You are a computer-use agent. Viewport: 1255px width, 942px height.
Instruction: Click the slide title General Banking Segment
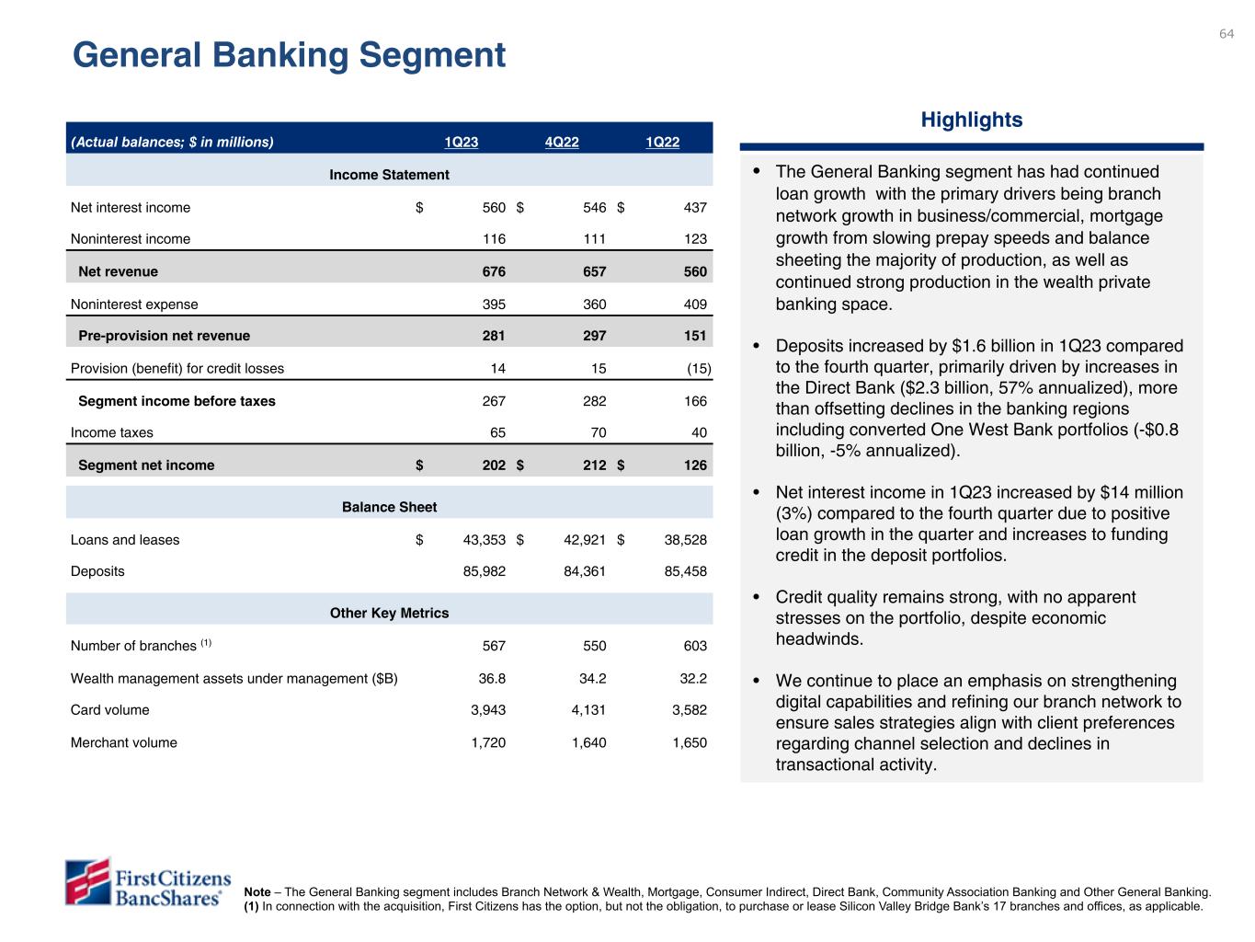(289, 56)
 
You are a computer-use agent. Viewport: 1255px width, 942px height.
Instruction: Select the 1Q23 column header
(462, 142)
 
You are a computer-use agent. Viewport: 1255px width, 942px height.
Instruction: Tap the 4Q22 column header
(562, 142)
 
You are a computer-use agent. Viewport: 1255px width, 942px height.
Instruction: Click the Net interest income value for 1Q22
(695, 208)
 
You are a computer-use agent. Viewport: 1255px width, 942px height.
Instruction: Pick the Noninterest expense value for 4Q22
(594, 304)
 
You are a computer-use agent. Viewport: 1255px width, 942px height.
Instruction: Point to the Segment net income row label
(146, 465)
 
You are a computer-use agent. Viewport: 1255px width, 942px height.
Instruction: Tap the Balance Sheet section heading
(389, 507)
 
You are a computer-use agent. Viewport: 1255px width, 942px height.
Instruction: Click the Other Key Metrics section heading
(389, 613)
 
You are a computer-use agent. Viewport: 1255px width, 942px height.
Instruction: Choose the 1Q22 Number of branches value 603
(695, 646)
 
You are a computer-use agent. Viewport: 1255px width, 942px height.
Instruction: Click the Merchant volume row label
(124, 742)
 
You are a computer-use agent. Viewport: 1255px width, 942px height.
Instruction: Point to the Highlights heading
(972, 120)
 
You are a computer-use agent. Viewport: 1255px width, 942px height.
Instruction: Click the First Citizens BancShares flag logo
(87, 882)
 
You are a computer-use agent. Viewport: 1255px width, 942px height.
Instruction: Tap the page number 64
(1226, 34)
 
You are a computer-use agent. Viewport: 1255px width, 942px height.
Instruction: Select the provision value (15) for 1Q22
(699, 369)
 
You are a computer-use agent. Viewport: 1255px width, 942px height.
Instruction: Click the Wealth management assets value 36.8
(488, 679)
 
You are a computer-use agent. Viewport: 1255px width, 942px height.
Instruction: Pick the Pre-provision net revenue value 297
(594, 336)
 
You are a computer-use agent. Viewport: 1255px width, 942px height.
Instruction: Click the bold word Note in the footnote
(257, 891)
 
